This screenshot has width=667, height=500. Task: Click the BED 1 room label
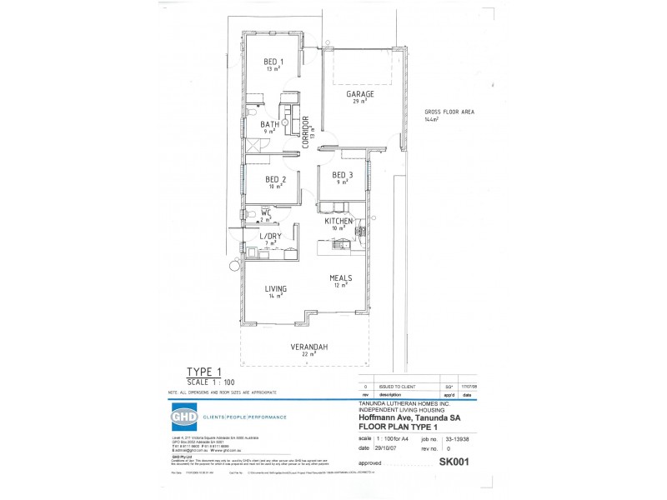(273, 62)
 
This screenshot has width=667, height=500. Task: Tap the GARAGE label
(360, 94)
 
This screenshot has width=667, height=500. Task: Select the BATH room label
(268, 124)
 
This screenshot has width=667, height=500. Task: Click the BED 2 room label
(276, 179)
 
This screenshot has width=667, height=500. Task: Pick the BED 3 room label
(343, 174)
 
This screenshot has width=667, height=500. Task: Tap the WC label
(265, 213)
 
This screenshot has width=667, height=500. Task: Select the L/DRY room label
(270, 237)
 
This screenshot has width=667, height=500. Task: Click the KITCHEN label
(340, 221)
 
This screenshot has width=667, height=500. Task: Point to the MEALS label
(339, 278)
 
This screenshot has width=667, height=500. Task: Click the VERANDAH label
(307, 347)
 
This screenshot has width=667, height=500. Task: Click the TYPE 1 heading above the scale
(204, 373)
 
